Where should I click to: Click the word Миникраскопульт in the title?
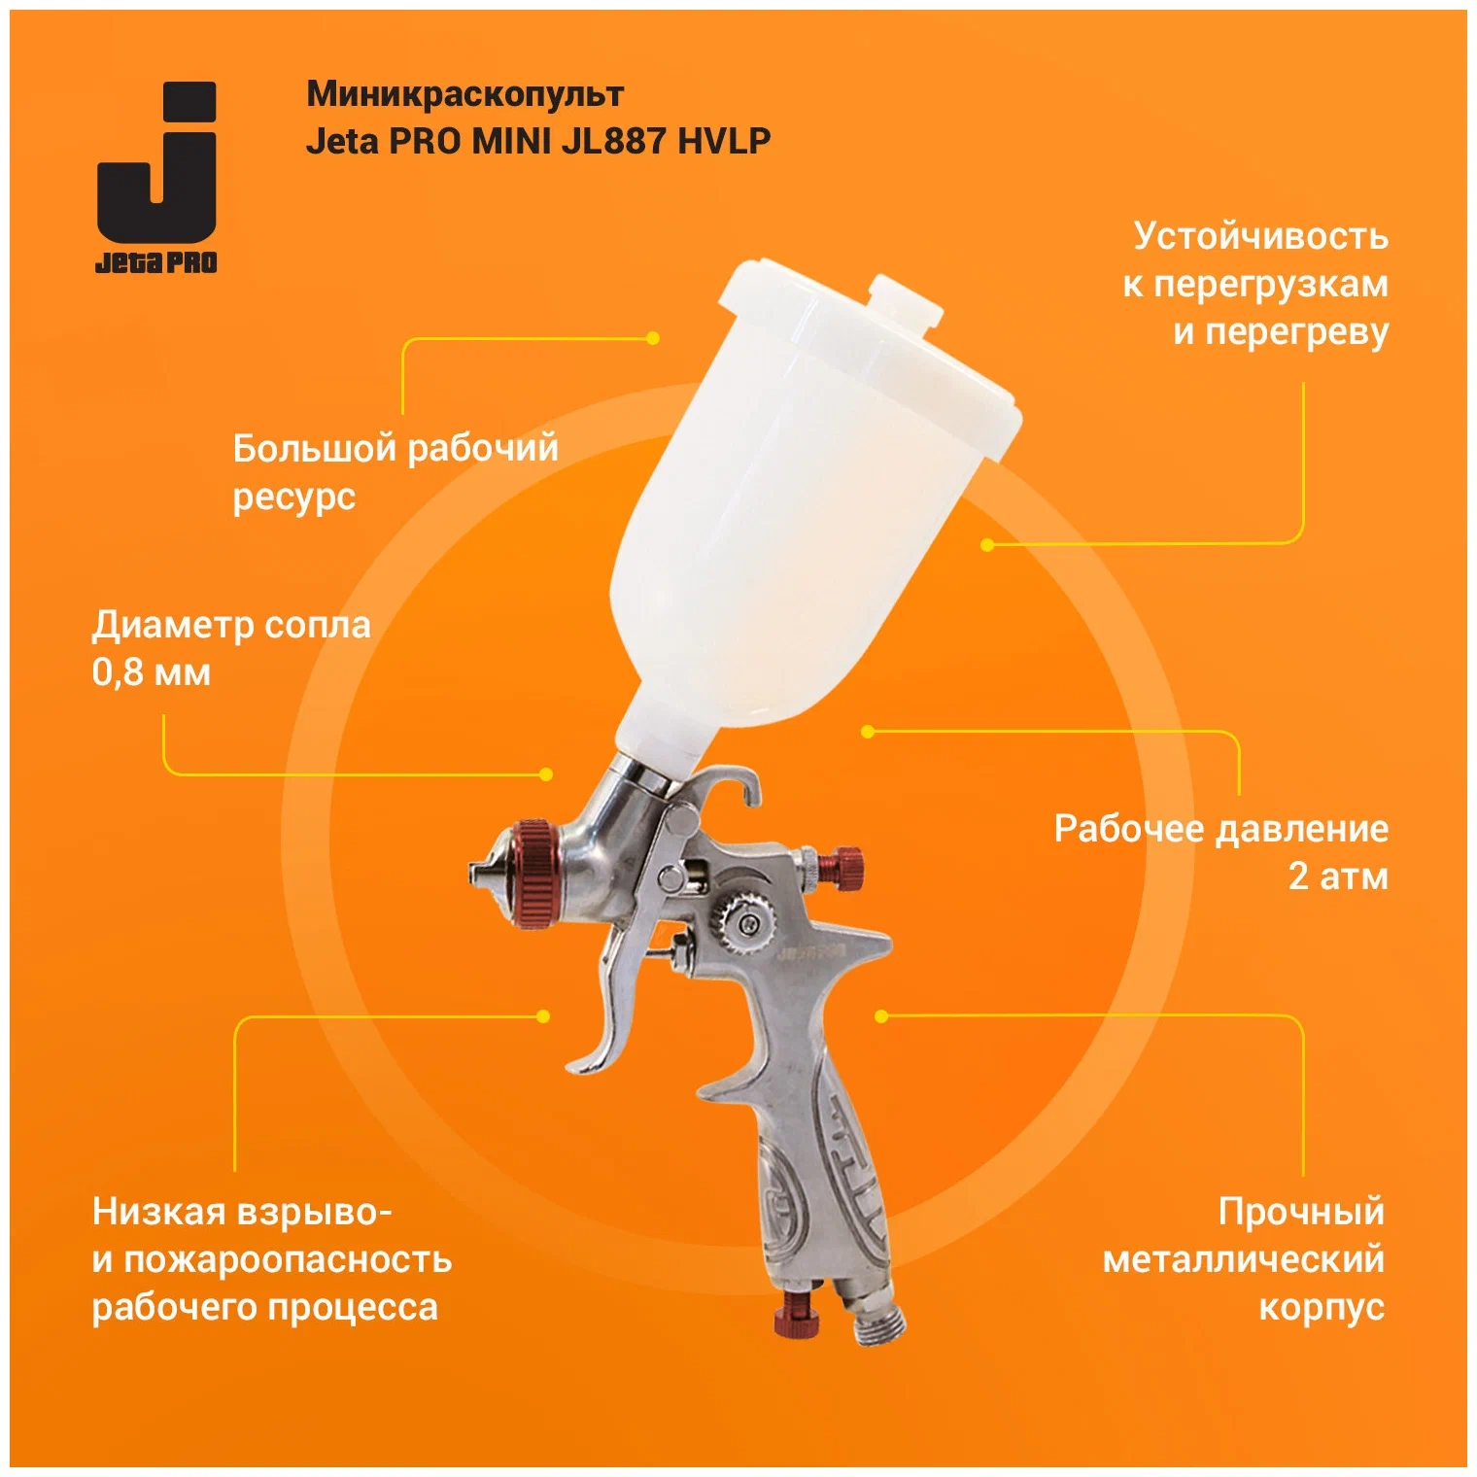[464, 95]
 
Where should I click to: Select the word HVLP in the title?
[724, 142]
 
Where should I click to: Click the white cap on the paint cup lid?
[904, 300]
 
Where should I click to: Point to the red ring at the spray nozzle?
[532, 875]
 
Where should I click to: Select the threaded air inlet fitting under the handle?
[875, 1320]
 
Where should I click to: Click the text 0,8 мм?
[152, 672]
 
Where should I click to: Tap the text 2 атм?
[1338, 876]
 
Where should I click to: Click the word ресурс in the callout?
[294, 498]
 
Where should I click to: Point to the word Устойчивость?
[1260, 236]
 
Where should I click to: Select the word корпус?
[1322, 1308]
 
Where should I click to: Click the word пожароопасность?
[288, 1259]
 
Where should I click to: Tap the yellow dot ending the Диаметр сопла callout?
[546, 774]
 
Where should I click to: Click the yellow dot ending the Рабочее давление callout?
[868, 731]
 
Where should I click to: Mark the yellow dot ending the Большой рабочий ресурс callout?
[653, 338]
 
